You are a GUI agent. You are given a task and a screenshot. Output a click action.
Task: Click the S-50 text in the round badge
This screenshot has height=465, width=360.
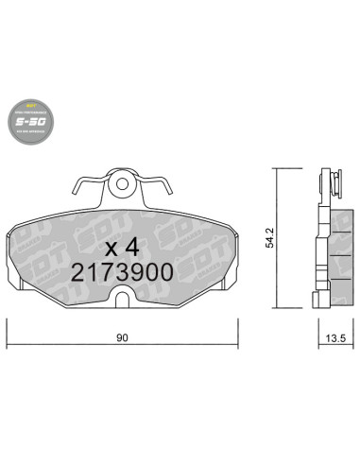point(33,122)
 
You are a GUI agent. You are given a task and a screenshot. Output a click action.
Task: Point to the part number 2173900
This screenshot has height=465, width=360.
point(122,272)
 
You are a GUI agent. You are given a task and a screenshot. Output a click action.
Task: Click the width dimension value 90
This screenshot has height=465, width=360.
point(122,334)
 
